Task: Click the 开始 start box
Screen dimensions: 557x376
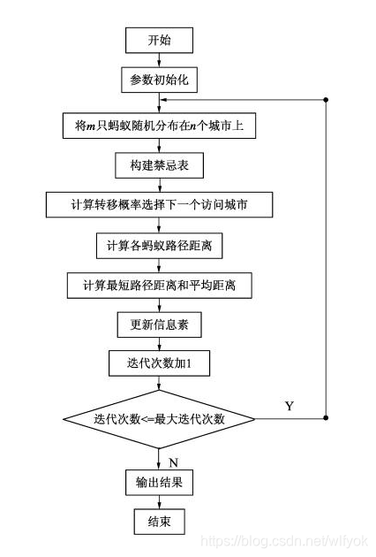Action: click(x=159, y=41)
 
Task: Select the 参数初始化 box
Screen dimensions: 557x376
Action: click(x=159, y=80)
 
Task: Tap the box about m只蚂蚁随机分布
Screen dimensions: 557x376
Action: click(x=159, y=126)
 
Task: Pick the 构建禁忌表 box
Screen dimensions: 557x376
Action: click(x=159, y=164)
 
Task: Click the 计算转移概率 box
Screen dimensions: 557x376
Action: click(x=159, y=205)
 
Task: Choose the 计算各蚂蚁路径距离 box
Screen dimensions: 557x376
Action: click(x=159, y=245)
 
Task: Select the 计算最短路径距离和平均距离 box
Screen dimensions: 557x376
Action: click(x=159, y=285)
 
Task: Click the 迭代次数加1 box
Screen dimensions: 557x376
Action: click(x=159, y=363)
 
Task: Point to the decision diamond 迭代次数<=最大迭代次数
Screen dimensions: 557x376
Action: click(x=159, y=417)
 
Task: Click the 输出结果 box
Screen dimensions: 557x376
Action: click(x=159, y=483)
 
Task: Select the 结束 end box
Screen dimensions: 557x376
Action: click(x=159, y=523)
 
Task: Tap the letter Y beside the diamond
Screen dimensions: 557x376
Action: click(x=290, y=406)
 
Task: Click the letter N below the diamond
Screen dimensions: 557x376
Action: click(x=174, y=461)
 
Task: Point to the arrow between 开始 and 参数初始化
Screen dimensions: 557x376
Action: click(x=159, y=60)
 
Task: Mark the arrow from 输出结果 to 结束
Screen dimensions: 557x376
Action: click(x=159, y=502)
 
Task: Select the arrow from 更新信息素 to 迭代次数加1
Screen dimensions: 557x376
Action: click(x=159, y=344)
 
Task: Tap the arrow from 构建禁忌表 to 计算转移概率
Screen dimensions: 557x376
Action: click(x=159, y=185)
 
